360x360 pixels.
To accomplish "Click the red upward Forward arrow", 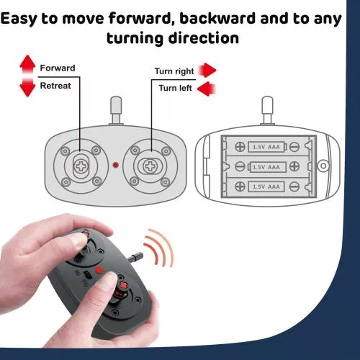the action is tap(27, 64).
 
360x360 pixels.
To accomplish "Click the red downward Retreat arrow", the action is tap(27, 88).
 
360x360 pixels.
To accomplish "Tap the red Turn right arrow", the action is tap(207, 71).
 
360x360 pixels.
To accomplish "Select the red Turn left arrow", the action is tap(206, 89).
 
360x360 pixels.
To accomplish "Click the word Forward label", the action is tap(58, 68).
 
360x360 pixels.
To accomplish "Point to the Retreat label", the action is tap(55, 86).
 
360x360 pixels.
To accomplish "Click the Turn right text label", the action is tap(174, 71).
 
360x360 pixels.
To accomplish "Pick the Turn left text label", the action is tap(175, 88).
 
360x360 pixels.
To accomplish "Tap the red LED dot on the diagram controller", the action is tap(116, 165).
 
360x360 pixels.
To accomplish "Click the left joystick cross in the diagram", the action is tap(81, 166).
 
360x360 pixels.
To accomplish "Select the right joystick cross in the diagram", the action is tap(150, 166).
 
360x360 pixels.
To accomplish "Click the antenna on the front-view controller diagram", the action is tap(116, 111).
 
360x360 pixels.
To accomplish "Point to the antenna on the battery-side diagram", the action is tap(267, 111).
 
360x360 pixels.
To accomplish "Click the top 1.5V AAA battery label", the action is tap(266, 147).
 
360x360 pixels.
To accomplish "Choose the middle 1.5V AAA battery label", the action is tap(266, 167).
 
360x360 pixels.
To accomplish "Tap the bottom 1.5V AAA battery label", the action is tap(266, 186).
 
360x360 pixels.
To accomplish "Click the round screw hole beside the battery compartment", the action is tap(323, 166).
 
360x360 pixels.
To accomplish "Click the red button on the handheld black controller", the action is tap(99, 270).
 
